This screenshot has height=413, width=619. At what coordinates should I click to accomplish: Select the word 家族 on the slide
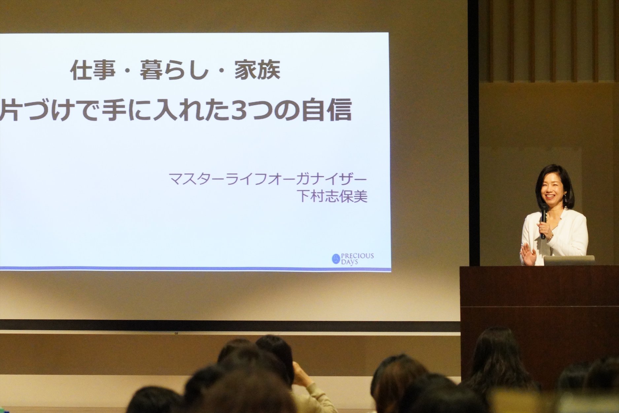pos(258,70)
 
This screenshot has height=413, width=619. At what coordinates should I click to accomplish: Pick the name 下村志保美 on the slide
pos(332,197)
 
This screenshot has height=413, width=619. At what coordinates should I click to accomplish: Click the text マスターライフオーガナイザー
pos(268,179)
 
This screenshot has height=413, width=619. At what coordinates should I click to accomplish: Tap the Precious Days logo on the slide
pos(353,258)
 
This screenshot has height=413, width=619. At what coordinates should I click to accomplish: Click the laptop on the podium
pos(569,260)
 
